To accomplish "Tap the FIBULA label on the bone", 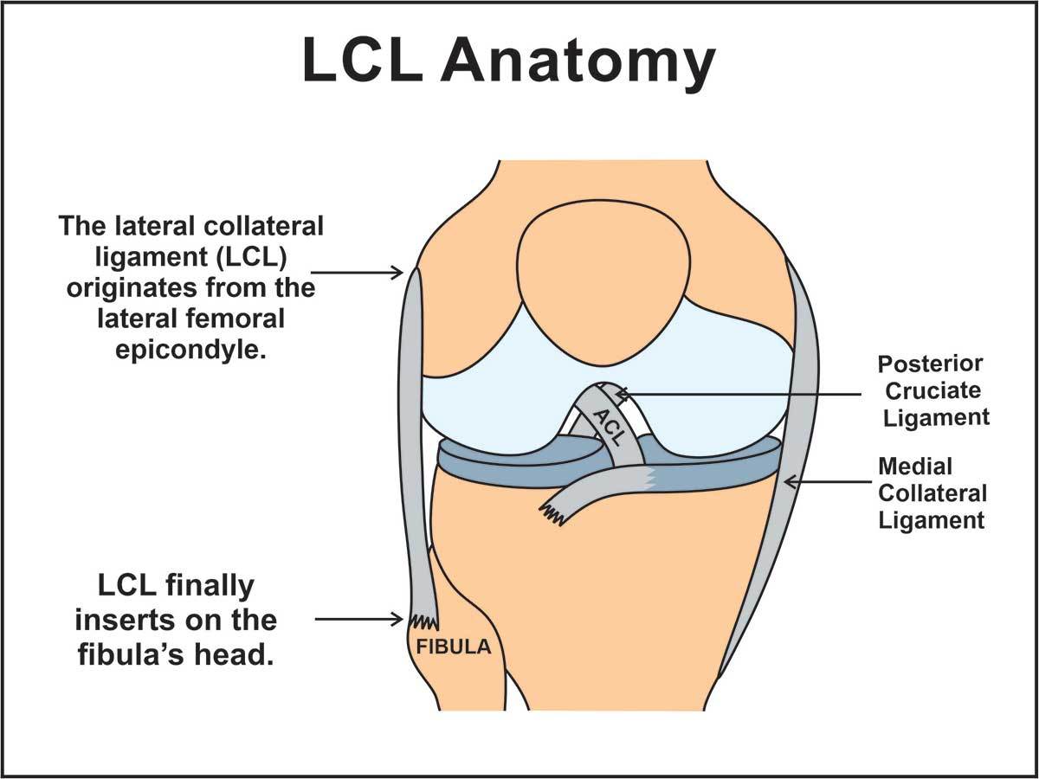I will [x=454, y=647].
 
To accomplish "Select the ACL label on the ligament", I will [x=609, y=428].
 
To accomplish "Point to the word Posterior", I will [x=930, y=364].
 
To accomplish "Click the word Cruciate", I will [x=931, y=390].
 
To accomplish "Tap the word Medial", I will [x=915, y=467].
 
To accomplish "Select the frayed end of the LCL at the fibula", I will [x=423, y=622].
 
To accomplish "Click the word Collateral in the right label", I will [x=932, y=493].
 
